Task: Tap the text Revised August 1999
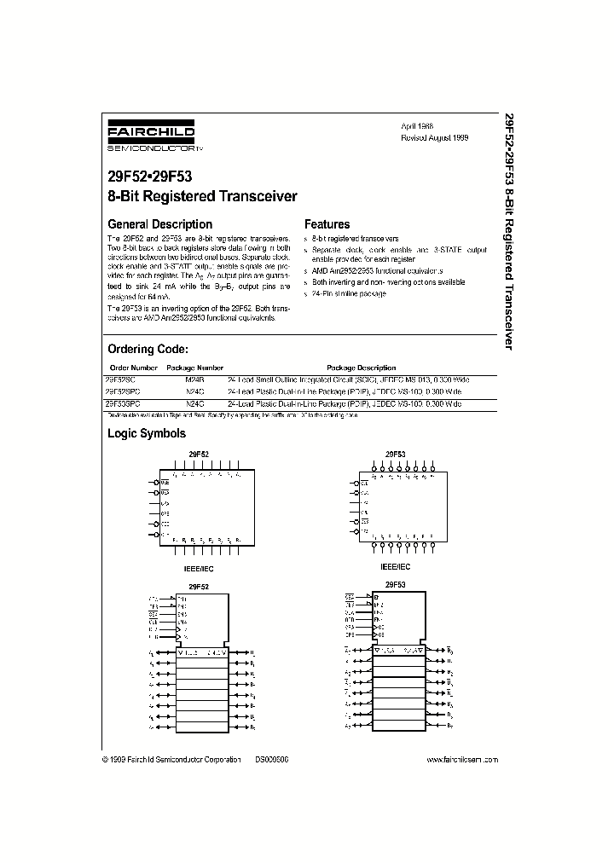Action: [435, 136]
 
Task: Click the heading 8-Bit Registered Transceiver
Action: [202, 196]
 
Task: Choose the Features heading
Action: [327, 224]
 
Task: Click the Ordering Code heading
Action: [148, 349]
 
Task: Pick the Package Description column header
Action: [362, 368]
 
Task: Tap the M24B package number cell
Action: [195, 378]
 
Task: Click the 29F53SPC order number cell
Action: [125, 402]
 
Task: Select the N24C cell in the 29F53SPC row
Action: [195, 402]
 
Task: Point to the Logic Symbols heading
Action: [146, 433]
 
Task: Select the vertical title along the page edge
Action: [510, 230]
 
